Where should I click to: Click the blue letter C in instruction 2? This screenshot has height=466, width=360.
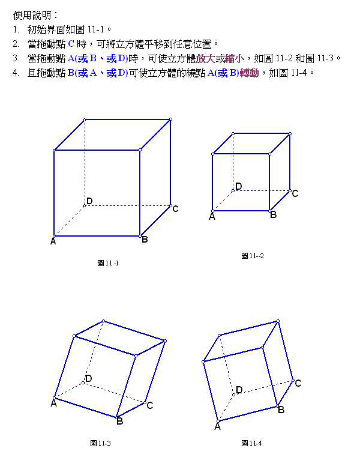(x=71, y=44)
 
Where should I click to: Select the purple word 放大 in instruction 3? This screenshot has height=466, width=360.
(x=206, y=58)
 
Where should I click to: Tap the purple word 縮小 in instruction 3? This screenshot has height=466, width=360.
(x=235, y=58)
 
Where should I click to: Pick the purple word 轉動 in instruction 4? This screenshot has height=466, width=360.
(x=249, y=73)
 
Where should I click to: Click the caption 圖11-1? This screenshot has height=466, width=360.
(x=108, y=263)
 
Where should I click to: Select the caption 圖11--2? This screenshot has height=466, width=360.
(x=253, y=256)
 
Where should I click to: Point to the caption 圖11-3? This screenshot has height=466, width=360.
(x=100, y=443)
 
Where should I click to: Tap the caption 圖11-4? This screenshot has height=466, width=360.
(x=251, y=443)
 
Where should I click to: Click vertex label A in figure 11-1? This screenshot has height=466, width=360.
(x=53, y=241)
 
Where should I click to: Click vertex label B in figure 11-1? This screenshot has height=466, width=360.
(x=145, y=240)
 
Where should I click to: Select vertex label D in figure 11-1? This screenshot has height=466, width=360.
(x=89, y=201)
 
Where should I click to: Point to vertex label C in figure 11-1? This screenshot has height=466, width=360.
(x=175, y=209)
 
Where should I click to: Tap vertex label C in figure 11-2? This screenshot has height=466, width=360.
(x=295, y=194)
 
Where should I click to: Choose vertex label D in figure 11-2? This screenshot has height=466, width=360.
(x=239, y=186)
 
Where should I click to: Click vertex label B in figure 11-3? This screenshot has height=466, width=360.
(x=120, y=421)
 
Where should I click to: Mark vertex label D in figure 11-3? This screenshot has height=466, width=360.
(x=89, y=378)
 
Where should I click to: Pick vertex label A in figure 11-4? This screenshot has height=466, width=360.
(x=217, y=427)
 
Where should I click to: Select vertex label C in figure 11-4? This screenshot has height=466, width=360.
(x=298, y=383)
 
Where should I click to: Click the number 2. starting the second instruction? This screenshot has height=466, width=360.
(x=16, y=44)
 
